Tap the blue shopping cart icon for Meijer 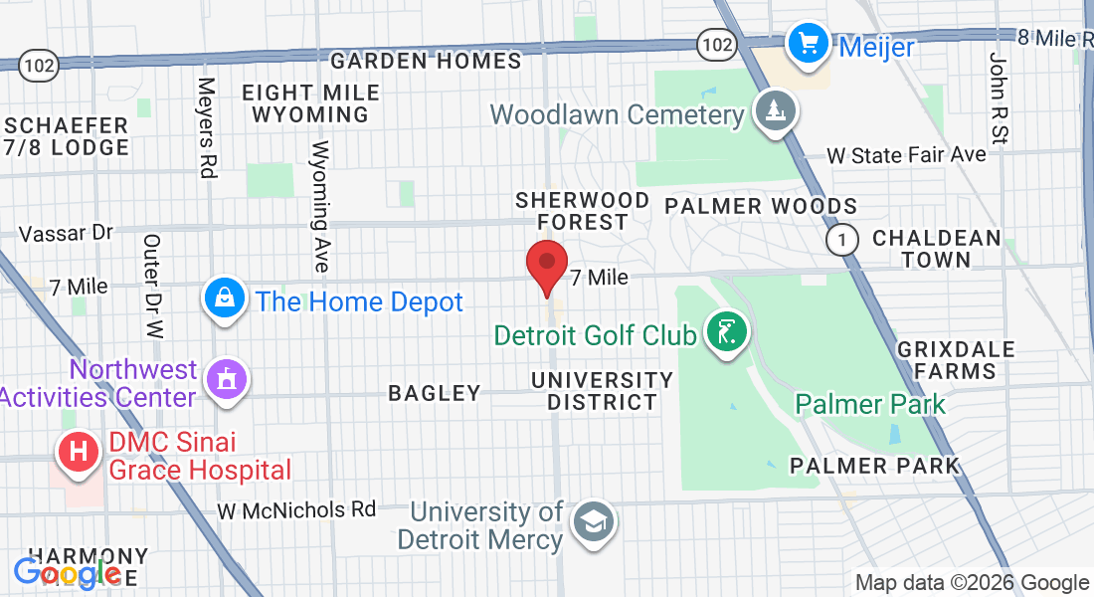point(809,43)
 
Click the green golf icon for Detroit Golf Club point(726,331)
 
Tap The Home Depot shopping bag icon point(226,298)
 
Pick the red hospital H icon point(81,453)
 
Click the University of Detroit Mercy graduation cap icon point(594,521)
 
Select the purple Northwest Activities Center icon point(227,379)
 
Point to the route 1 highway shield point(843,239)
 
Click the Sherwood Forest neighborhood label point(571,211)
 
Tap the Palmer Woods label point(761,207)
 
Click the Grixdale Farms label point(956,360)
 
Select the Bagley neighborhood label point(435,393)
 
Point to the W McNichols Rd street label point(297,510)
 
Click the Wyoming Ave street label point(319,206)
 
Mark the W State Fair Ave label point(906,155)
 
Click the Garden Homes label point(426,62)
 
